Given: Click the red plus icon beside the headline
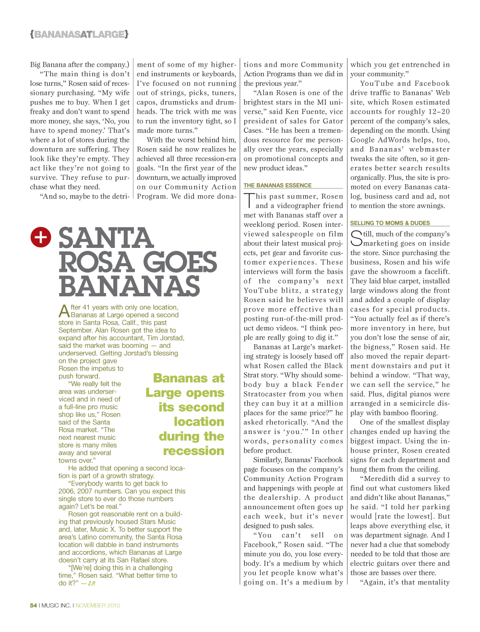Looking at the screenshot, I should (41, 237).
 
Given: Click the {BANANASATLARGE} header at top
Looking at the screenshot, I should (79, 35).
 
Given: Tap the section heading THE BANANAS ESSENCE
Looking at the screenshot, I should (277, 186).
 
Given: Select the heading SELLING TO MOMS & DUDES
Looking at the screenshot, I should (390, 223).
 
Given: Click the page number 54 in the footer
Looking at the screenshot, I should (33, 606).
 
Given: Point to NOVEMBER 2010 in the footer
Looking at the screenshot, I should (98, 606).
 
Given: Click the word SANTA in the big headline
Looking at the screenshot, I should (106, 239).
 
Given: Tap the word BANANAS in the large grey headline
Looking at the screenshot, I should (129, 286).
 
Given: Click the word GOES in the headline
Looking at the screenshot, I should (180, 262).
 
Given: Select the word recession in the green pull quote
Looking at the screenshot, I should (193, 451).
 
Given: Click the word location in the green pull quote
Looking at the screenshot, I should (199, 421).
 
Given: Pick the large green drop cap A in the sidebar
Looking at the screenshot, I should (64, 311).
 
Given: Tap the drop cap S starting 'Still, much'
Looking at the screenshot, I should (356, 238).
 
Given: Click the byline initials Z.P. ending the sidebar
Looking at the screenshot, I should (91, 584).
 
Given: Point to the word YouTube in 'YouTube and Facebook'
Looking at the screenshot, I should (377, 83).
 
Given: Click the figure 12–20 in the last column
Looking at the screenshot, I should (439, 112).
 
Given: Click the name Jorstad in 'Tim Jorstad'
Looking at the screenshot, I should (172, 338).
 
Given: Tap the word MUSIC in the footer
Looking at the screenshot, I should (49, 606).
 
